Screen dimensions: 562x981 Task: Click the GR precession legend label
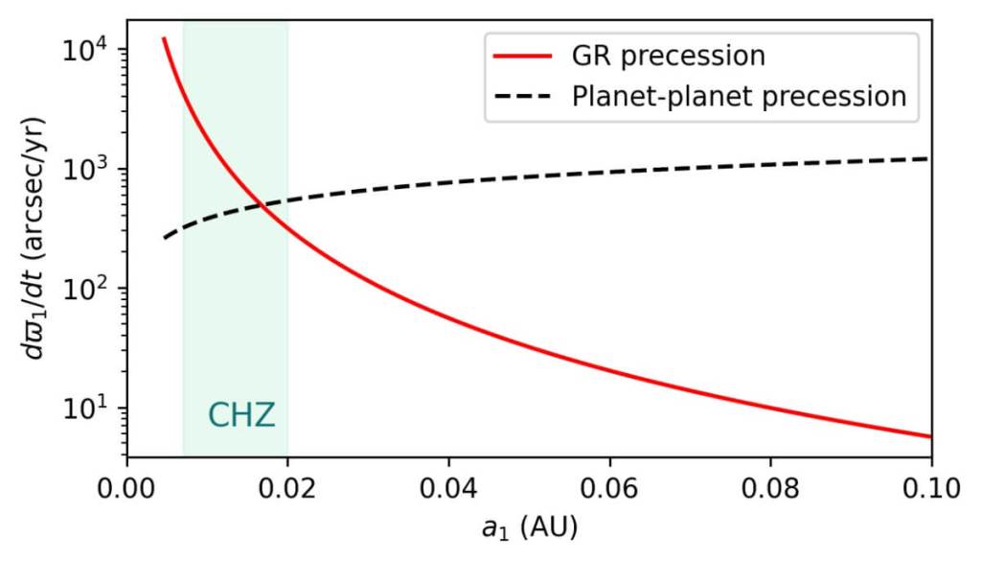tap(693, 56)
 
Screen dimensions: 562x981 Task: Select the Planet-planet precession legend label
tap(738, 97)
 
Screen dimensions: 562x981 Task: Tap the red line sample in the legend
tap(523, 56)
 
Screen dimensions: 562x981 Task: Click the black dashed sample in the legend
tap(523, 97)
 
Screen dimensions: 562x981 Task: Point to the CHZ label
tap(241, 415)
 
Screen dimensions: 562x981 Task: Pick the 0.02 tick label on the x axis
tap(287, 487)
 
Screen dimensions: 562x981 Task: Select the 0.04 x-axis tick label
tap(448, 487)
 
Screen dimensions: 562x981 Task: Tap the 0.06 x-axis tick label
tap(609, 487)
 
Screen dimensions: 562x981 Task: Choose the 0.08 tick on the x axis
tap(770, 487)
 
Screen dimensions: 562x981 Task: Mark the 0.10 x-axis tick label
tap(930, 487)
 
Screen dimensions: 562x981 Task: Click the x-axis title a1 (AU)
tap(528, 528)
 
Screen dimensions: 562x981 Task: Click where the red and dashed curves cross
tap(260, 203)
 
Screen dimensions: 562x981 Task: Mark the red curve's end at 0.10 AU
tap(930, 437)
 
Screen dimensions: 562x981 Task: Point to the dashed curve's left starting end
tap(164, 238)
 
